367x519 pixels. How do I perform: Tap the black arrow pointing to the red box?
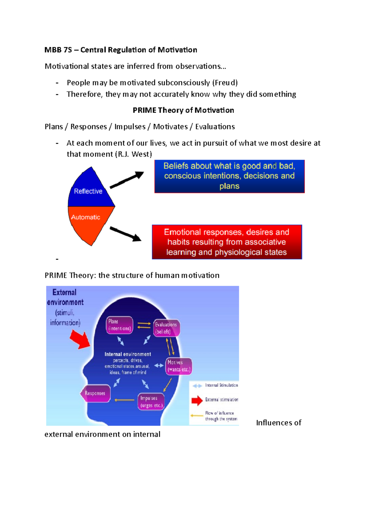coord(125,234)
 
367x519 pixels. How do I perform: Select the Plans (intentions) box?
coord(120,325)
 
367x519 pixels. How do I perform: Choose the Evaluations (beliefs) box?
coord(166,328)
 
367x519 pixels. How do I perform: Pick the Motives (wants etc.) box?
coord(179,366)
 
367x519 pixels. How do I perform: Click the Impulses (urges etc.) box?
coord(151,402)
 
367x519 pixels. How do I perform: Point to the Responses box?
coord(95,393)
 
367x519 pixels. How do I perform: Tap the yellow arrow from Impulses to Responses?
coord(124,400)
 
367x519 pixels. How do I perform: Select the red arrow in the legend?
coord(197,400)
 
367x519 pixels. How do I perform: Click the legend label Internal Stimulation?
coord(221,385)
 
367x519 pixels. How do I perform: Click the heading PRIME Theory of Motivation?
coord(183,110)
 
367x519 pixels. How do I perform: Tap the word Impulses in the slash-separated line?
coord(130,127)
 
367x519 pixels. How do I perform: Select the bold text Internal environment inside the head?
coord(128,354)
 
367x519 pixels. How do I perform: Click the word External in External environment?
coord(64,293)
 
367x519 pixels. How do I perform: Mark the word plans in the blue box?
coord(229,186)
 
